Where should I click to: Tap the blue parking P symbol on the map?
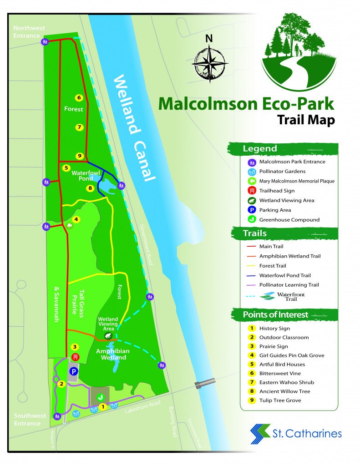tap(72, 372)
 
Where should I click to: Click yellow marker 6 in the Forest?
tap(79, 97)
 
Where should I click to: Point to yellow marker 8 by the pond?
tap(90, 187)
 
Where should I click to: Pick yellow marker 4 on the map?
tap(76, 219)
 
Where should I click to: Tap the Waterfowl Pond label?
tap(82, 176)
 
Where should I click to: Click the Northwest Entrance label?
tap(29, 31)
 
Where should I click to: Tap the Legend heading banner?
tap(259, 149)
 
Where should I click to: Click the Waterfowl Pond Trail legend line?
tap(250, 275)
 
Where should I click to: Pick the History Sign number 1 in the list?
tap(251, 328)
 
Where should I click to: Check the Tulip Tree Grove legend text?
tap(280, 400)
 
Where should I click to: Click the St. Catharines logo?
tap(296, 433)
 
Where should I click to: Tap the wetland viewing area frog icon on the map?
tap(108, 335)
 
